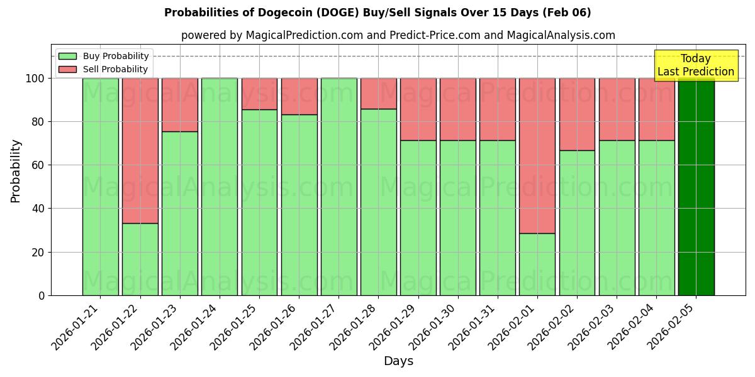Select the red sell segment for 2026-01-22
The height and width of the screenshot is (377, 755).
(140, 151)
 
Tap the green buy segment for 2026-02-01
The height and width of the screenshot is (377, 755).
(537, 264)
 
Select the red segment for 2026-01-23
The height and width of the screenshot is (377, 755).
(180, 105)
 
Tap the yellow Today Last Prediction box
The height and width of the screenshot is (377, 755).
(696, 65)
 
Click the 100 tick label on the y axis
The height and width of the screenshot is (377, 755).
(35, 79)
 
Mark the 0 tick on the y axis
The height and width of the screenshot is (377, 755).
(42, 295)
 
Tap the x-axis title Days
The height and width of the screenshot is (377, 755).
(398, 361)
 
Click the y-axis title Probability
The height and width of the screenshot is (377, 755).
(16, 171)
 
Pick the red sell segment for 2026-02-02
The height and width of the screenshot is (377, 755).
(577, 114)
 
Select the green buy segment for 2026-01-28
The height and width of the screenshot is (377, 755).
(378, 202)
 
